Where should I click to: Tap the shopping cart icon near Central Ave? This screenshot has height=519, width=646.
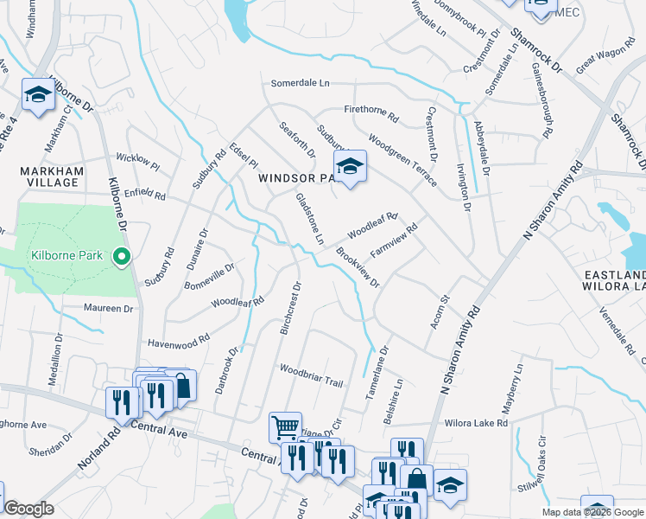(285, 426)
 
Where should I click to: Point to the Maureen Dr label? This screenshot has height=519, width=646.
(109, 307)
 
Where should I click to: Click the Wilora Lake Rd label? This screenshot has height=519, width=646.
(476, 424)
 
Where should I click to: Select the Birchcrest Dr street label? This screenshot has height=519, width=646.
(289, 307)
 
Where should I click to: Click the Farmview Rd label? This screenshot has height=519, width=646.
(394, 241)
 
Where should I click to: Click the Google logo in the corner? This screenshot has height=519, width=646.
(28, 509)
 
